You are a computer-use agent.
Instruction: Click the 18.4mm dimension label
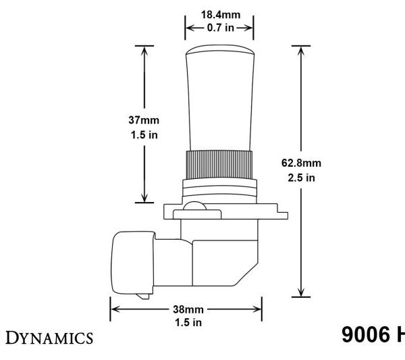(219, 14)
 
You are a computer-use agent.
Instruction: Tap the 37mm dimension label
(143, 119)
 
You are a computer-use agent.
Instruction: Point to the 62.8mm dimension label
(300, 163)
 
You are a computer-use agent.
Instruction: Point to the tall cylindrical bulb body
(219, 108)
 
